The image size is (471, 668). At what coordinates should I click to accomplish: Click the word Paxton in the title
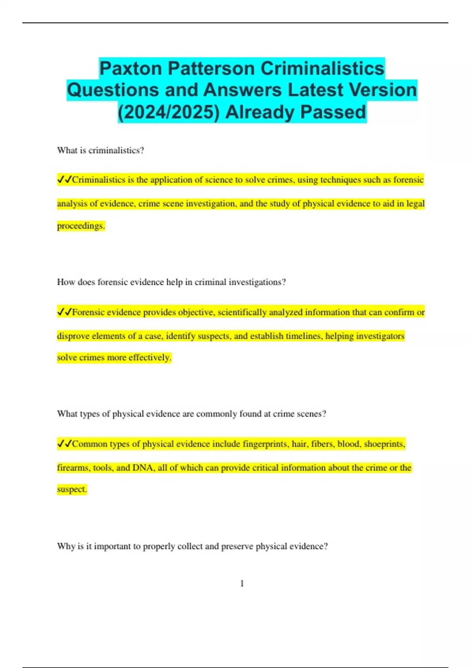pos(131,68)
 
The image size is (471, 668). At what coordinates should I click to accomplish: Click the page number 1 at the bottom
pos(242,584)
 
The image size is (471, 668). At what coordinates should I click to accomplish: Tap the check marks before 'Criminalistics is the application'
pos(64,180)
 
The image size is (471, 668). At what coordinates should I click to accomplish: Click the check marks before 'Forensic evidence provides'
pos(64,312)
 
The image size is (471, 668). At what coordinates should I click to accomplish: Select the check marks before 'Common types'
pos(64,444)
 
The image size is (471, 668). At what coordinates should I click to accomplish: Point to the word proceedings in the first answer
pos(80,226)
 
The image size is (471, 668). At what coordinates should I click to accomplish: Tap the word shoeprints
pos(384,444)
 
